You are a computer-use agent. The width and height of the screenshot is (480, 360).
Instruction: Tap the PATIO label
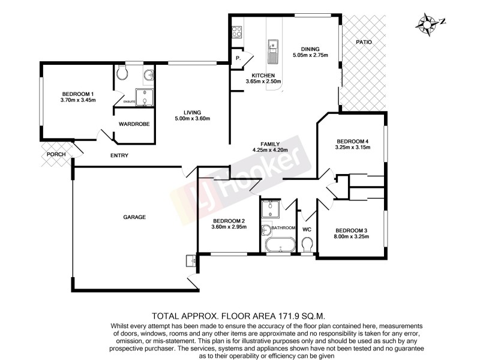(x=364, y=43)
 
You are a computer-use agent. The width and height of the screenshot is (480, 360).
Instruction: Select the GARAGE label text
(x=134, y=217)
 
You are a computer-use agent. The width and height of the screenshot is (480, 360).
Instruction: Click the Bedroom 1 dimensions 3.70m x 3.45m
(x=78, y=100)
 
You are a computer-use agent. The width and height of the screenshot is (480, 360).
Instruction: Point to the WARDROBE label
(x=134, y=124)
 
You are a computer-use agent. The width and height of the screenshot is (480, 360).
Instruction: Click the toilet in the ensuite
(x=122, y=74)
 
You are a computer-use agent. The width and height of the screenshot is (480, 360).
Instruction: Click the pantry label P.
(x=238, y=59)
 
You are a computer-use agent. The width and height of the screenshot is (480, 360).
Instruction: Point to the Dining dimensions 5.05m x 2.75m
(x=310, y=56)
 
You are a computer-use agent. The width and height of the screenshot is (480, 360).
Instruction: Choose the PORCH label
(x=55, y=155)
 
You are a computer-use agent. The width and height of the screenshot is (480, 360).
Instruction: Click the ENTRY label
(x=119, y=156)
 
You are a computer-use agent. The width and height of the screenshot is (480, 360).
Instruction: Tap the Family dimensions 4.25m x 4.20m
(x=269, y=150)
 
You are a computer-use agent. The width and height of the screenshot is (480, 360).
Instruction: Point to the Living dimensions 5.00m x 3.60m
(x=192, y=118)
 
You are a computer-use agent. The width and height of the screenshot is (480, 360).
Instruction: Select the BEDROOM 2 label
(x=229, y=220)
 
